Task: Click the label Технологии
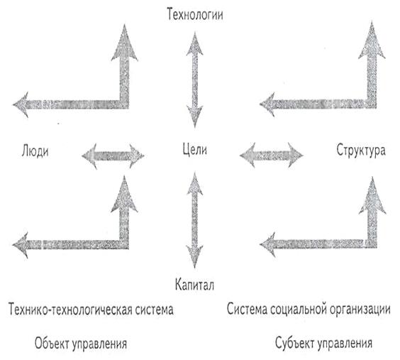(195, 14)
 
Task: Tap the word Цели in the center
(194, 149)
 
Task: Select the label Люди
(35, 151)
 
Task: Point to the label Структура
(361, 150)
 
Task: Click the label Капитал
(194, 285)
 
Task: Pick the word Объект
(52, 343)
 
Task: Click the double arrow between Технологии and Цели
(194, 80)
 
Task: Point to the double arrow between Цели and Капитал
(194, 220)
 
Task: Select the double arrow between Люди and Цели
(113, 156)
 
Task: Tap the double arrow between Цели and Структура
(272, 155)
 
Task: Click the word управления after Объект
(99, 344)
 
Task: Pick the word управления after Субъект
(345, 343)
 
